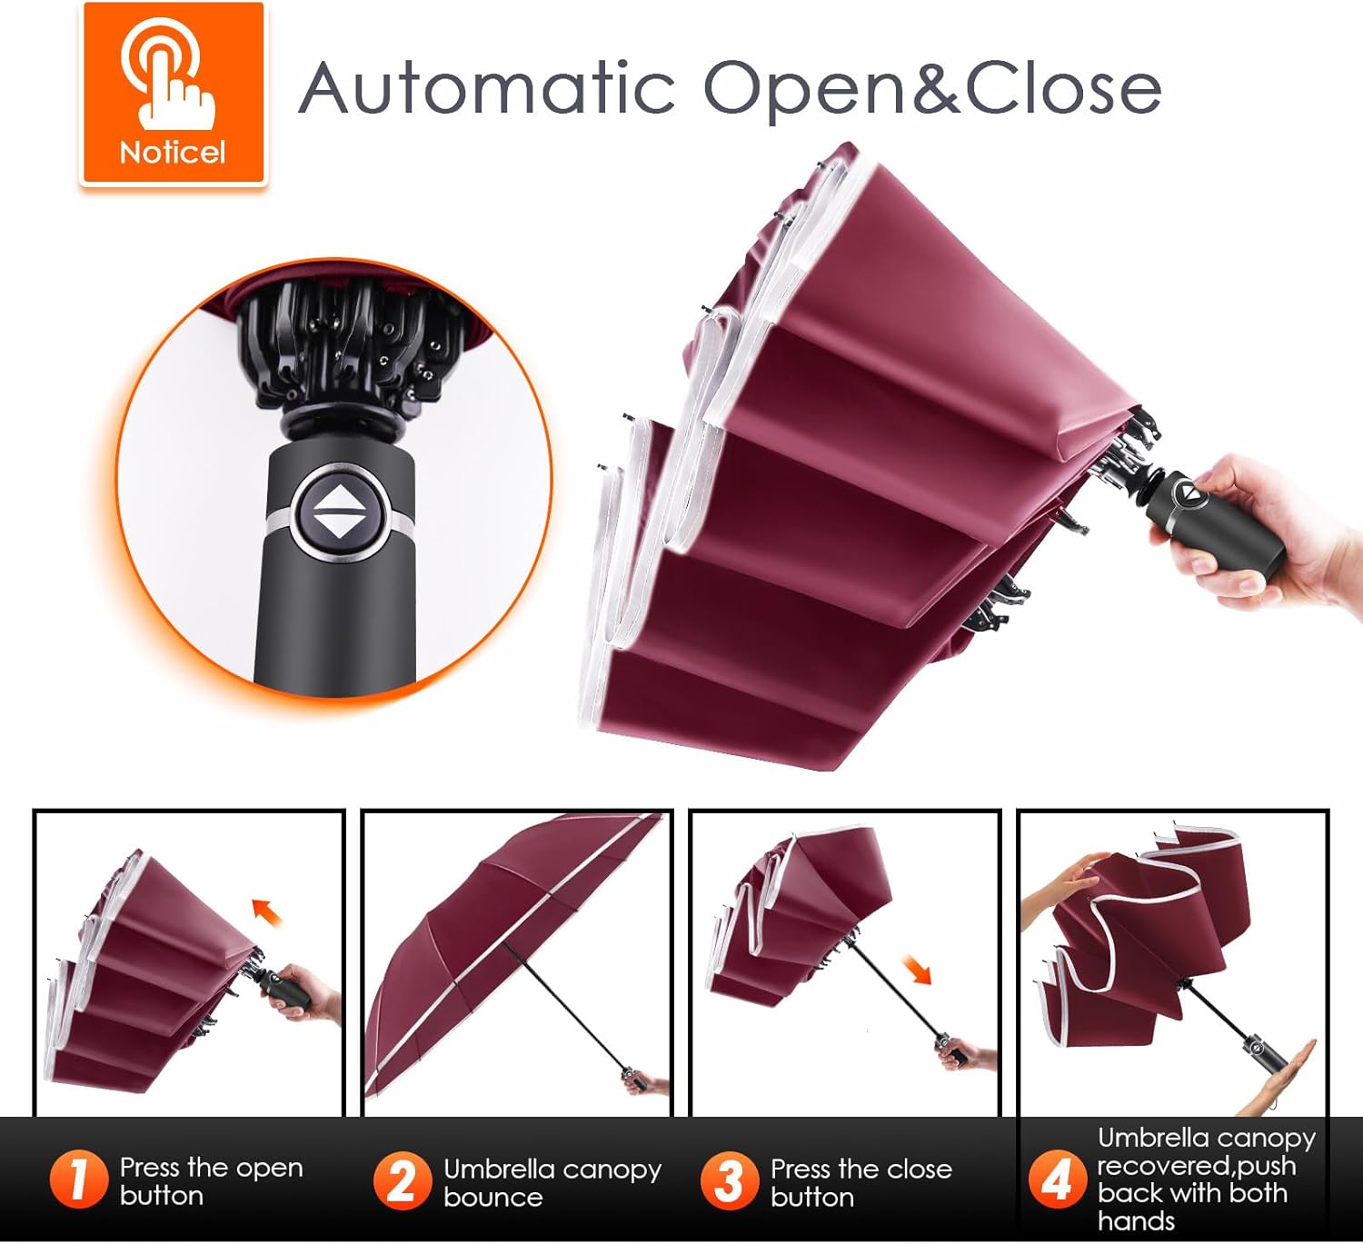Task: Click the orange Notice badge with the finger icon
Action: click(x=174, y=93)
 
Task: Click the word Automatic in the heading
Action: click(x=486, y=87)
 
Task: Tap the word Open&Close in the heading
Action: click(x=931, y=89)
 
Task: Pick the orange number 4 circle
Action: click(x=1058, y=1179)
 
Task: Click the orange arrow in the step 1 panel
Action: click(x=267, y=911)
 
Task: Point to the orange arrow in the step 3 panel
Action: click(x=917, y=969)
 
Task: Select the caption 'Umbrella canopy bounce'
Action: click(x=552, y=1182)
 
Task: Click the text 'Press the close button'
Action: click(x=861, y=1182)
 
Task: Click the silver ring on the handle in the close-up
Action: click(x=341, y=522)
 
